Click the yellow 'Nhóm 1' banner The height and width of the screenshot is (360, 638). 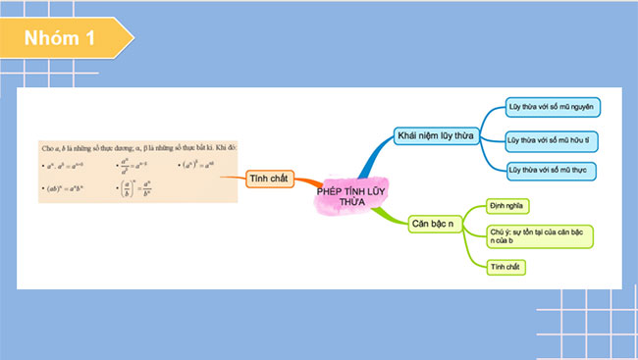[64, 39]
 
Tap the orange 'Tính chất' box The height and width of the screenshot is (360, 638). [267, 178]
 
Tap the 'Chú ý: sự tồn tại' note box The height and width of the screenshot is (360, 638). [540, 235]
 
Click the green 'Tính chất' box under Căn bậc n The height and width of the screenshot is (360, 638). [506, 266]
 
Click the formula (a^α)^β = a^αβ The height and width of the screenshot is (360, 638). [196, 164]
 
